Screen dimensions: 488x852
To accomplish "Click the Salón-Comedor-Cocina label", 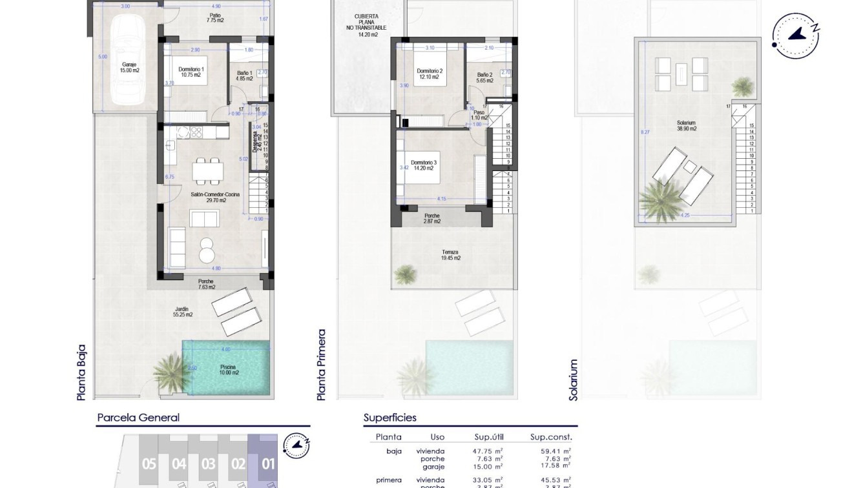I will coord(208,197).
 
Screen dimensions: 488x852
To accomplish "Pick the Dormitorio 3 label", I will coord(424,166).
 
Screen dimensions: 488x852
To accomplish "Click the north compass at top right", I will coord(796,35).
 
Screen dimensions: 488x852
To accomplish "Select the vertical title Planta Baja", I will coord(81,372).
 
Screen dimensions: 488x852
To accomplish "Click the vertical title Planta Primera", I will coord(322,365).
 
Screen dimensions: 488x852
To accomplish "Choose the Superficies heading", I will coord(390,418).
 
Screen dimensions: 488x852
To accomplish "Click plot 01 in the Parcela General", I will coord(267,463).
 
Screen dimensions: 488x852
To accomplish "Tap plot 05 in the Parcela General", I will coord(149,463).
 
